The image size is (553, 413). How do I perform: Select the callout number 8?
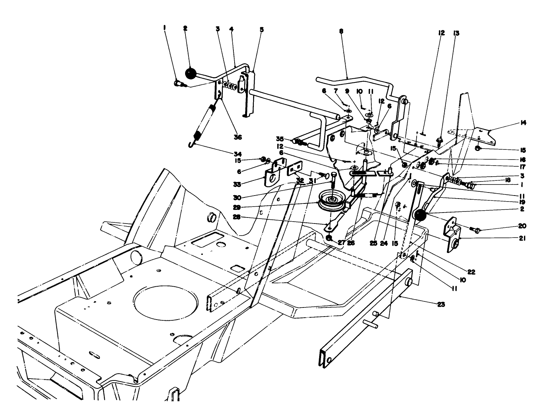341,32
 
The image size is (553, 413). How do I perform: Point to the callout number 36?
238,137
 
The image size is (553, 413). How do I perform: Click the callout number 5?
261,29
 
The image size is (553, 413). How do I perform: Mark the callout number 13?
456,33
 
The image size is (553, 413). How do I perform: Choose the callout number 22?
471,272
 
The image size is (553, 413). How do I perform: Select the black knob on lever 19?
420,216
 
